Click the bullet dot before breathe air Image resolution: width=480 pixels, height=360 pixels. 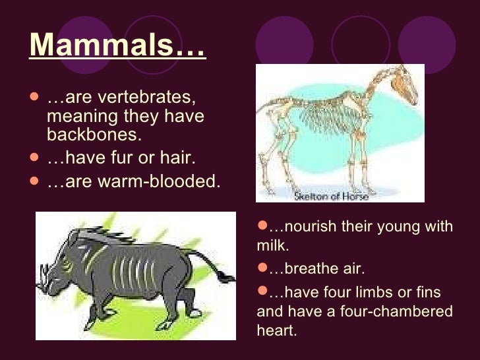pos(262,268)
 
